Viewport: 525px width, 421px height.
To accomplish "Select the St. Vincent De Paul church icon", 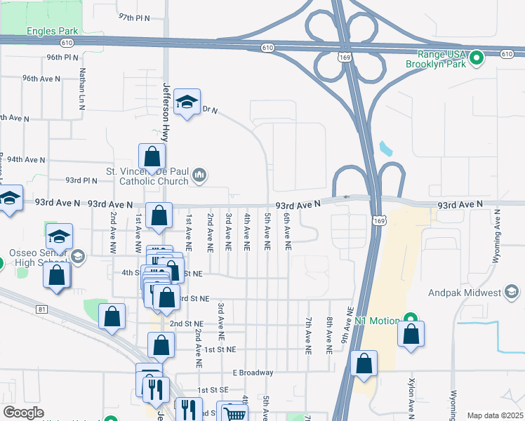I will click(x=199, y=175).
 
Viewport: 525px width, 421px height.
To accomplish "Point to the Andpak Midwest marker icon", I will click(x=512, y=292).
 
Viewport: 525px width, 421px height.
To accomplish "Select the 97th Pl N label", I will click(x=135, y=16).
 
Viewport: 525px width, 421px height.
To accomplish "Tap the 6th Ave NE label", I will click(x=287, y=233).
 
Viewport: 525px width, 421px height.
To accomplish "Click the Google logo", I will click(x=23, y=413).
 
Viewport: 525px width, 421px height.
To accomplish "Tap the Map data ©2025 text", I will click(x=494, y=415).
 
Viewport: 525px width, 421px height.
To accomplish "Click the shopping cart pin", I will click(x=232, y=413).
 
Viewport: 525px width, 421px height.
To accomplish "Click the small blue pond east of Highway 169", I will click(x=385, y=149).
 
